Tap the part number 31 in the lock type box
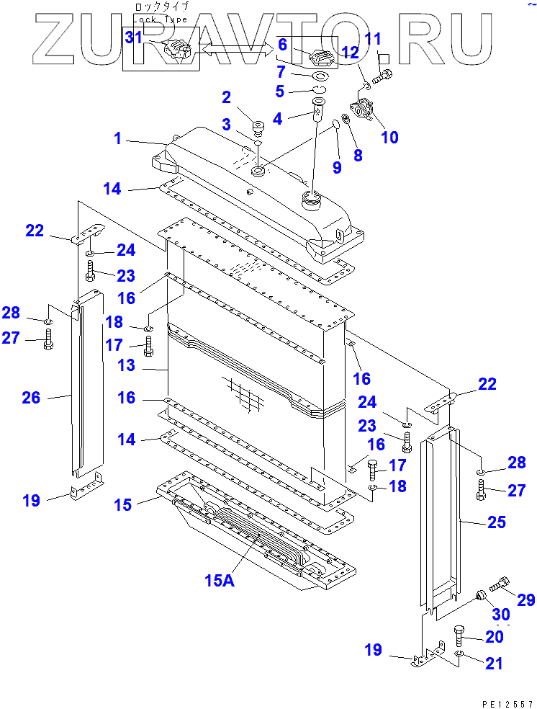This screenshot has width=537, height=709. coord(134,37)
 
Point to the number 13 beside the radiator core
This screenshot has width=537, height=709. coord(126,366)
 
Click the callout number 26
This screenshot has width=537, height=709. coord(31,397)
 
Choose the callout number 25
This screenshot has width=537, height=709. coord(497,522)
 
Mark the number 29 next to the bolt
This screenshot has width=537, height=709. coord(526,599)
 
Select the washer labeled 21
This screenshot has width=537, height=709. coord(460,654)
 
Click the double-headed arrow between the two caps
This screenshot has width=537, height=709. coord(237,48)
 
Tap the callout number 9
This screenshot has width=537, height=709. coord(337,169)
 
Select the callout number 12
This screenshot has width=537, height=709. coord(350,52)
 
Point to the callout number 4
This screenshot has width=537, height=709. coord(276,117)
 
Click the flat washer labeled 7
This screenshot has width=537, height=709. coord(320,76)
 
